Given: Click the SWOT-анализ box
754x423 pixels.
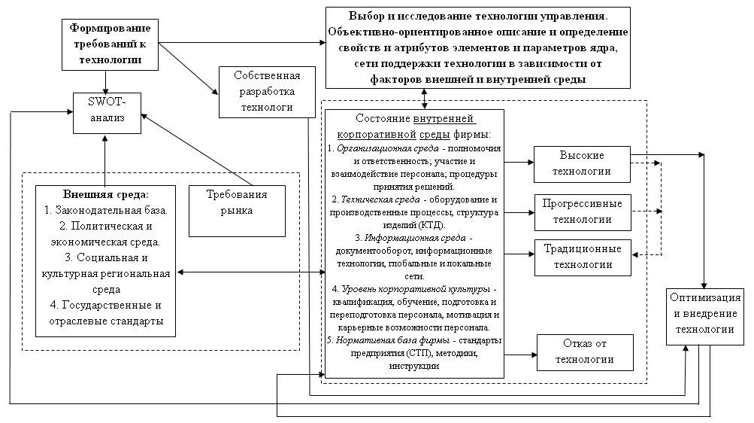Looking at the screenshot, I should [106, 112].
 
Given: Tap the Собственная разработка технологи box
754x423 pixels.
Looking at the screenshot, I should [267, 92].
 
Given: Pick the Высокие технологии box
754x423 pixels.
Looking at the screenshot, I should [582, 163].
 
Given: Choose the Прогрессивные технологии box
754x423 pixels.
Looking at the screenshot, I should [582, 211].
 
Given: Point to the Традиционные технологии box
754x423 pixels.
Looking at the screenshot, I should [582, 256].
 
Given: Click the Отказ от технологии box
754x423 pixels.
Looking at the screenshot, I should [583, 351].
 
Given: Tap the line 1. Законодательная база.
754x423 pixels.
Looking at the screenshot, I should [104, 209].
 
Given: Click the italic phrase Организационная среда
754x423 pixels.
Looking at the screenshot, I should [371, 149].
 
